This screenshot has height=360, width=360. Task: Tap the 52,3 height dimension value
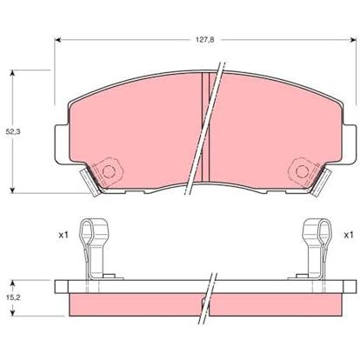(x=13, y=131)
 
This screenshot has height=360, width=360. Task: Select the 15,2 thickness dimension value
(x=12, y=297)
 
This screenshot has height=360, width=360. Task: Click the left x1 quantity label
(x=63, y=235)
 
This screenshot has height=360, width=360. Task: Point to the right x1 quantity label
(x=349, y=235)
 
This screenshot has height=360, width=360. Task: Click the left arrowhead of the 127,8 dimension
(x=58, y=40)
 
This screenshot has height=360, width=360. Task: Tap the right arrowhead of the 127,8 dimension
(x=353, y=40)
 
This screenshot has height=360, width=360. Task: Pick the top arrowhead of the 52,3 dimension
(x=12, y=73)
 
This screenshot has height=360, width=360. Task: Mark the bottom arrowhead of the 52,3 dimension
(x=12, y=190)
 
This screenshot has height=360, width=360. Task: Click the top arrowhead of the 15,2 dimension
(x=12, y=283)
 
